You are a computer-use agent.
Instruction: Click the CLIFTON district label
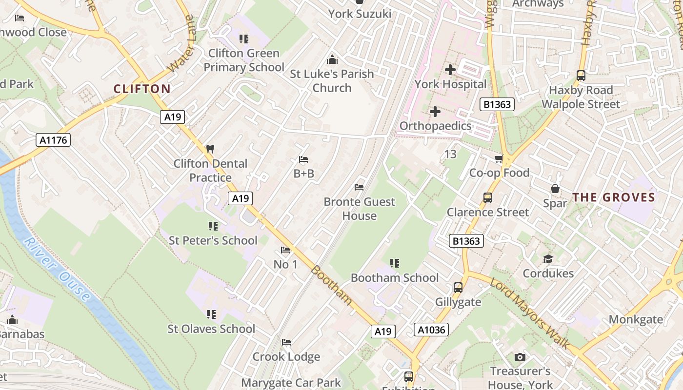142,89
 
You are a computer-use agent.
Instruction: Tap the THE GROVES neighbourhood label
613,197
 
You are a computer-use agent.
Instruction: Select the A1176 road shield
54,140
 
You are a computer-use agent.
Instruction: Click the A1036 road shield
431,330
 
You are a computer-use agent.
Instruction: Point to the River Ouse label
57,270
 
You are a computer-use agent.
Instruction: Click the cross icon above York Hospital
450,70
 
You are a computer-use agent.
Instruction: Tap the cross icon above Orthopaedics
435,112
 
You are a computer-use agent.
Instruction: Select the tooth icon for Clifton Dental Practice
210,149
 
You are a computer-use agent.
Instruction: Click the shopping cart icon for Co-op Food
499,159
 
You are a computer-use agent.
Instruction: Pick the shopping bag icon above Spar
555,189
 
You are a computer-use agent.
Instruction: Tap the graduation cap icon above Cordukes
548,259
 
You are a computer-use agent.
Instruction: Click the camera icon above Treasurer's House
520,357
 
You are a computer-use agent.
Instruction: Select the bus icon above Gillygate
458,288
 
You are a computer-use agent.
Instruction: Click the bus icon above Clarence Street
487,198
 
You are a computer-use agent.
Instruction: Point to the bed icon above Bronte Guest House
359,187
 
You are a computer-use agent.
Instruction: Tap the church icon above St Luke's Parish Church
332,59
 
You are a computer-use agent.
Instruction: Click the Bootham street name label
332,285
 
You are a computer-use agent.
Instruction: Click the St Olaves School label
211,329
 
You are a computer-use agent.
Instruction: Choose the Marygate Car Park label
291,383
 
